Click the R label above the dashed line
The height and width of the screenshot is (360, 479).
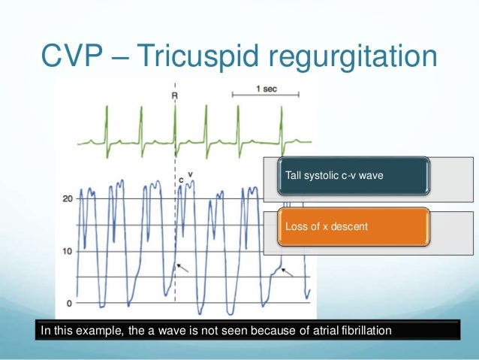(175, 97)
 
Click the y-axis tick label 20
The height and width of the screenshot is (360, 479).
(67, 199)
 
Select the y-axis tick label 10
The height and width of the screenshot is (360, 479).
(67, 251)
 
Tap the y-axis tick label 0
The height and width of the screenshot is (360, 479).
(69, 303)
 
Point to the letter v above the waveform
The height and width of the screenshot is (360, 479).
(191, 174)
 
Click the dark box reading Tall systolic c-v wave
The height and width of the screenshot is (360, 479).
(352, 175)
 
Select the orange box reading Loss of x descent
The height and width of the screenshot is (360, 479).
(352, 225)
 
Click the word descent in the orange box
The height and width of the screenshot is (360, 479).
(350, 225)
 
